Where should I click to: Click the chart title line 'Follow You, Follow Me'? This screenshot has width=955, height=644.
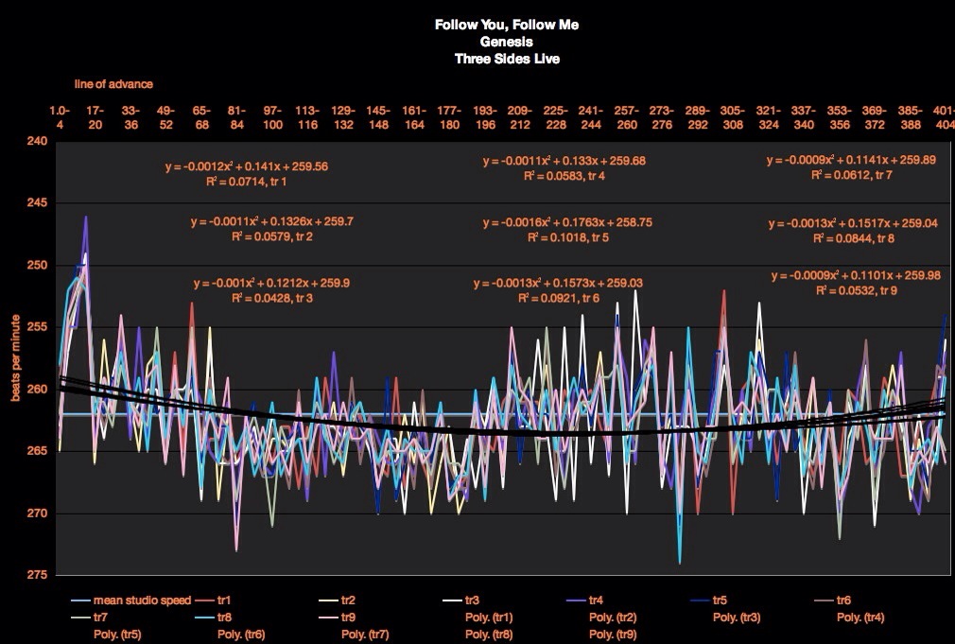[506, 26]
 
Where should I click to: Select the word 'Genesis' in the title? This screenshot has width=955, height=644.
[506, 42]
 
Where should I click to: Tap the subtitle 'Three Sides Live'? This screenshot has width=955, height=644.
[506, 58]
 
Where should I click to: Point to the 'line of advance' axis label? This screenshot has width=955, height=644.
[113, 85]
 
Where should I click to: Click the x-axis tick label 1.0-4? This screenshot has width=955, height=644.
[60, 117]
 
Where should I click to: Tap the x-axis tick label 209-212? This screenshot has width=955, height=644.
[519, 117]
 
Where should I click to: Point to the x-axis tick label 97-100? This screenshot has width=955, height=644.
[272, 117]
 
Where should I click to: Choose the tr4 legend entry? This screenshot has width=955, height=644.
[598, 600]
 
